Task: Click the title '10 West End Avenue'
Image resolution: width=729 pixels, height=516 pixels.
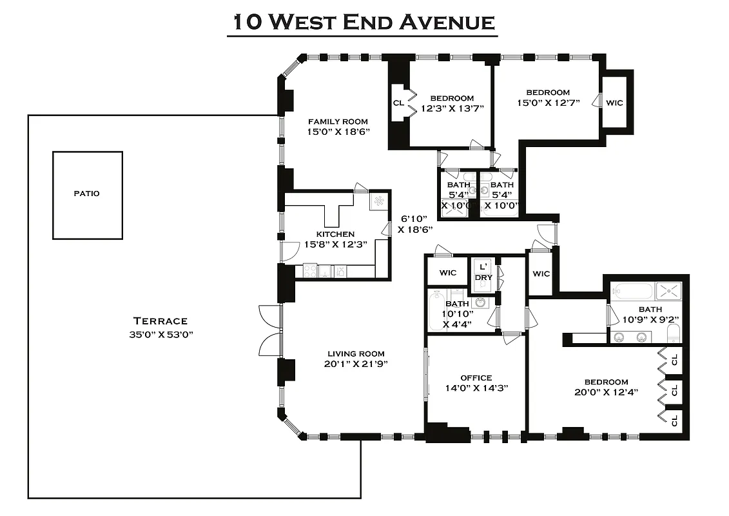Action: (362, 22)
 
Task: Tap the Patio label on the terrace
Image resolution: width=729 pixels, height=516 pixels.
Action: (87, 193)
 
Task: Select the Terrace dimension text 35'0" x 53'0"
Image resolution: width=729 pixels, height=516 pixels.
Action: (160, 334)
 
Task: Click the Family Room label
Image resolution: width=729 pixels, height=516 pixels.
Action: (338, 121)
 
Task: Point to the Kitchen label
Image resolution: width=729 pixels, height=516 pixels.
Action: (335, 233)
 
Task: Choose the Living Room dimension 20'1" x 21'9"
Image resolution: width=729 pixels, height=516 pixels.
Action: (356, 364)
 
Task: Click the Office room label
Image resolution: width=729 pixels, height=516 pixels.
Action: (476, 378)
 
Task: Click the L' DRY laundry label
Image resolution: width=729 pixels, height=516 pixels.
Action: (483, 272)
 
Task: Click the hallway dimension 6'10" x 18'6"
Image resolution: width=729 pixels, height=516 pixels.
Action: (414, 224)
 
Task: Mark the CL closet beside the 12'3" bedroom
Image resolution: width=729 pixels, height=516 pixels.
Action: (398, 103)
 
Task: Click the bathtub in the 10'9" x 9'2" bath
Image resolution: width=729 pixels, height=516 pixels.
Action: (632, 292)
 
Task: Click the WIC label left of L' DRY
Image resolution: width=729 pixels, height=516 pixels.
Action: (448, 273)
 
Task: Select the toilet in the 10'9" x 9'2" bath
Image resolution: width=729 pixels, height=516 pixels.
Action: (673, 333)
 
